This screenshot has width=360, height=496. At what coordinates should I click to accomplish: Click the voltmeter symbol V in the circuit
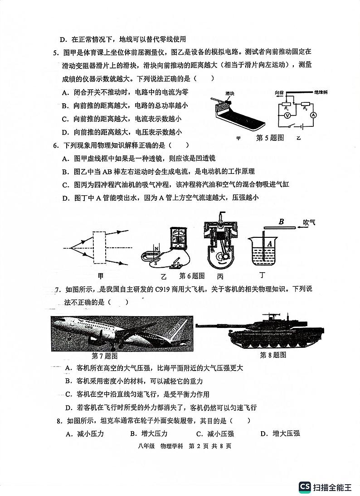pyautogui.click(x=287, y=116)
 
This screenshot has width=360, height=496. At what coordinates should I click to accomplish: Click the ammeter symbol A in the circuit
pyautogui.click(x=312, y=116)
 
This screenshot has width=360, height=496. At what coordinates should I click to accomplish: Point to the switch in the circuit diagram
pyautogui.click(x=297, y=126)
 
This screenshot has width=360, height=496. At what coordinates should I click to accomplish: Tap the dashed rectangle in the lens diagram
pyautogui.click(x=105, y=247)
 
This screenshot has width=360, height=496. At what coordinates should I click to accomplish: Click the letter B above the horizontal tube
pyautogui.click(x=281, y=222)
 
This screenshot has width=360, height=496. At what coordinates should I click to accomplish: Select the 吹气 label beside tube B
pyautogui.click(x=312, y=222)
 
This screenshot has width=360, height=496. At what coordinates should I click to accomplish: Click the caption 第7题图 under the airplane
pyautogui.click(x=105, y=356)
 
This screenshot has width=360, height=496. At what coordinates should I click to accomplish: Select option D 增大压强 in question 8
pyautogui.click(x=280, y=433)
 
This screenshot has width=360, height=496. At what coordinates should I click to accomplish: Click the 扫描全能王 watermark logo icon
pyautogui.click(x=304, y=487)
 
